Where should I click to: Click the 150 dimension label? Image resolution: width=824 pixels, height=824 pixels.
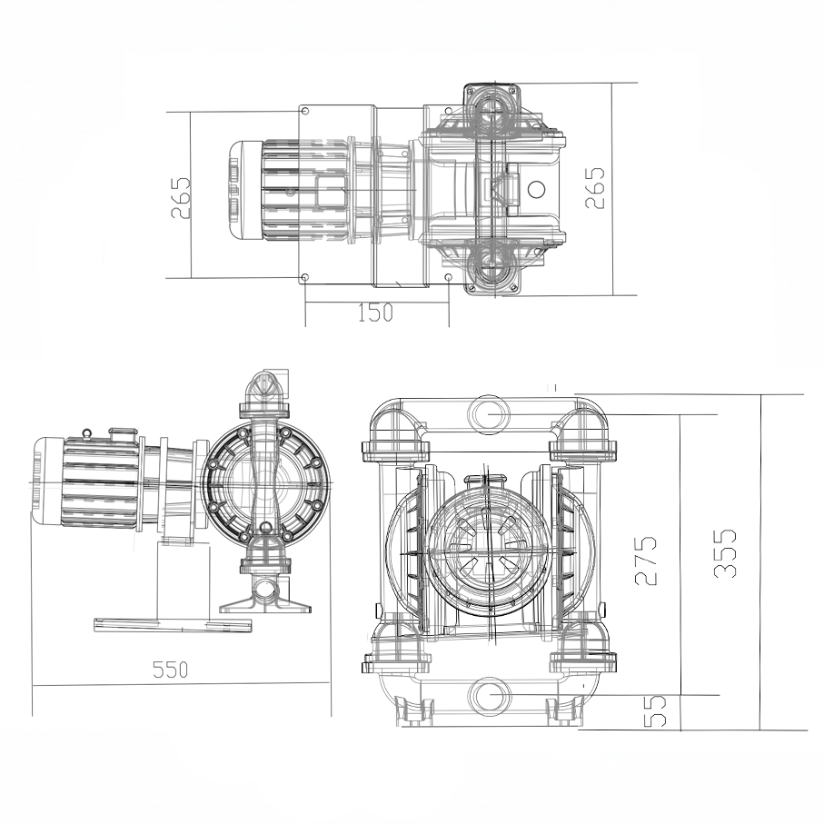tap(374, 313)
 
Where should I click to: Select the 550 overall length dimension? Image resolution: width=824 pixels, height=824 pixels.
tap(170, 670)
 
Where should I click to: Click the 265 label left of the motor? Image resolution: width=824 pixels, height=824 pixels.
tap(181, 197)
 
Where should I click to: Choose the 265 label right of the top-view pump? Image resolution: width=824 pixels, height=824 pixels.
tap(594, 187)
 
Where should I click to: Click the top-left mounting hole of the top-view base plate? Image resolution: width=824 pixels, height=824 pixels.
tap(305, 112)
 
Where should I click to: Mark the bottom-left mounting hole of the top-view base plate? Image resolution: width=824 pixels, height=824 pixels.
tap(305, 277)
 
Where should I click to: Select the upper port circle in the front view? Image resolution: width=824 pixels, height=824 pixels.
tap(490, 412)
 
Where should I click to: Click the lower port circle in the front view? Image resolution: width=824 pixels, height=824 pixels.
tap(490, 697)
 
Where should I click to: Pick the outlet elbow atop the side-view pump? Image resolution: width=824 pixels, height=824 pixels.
tap(266, 389)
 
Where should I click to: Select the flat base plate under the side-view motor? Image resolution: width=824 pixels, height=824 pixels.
tap(173, 624)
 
